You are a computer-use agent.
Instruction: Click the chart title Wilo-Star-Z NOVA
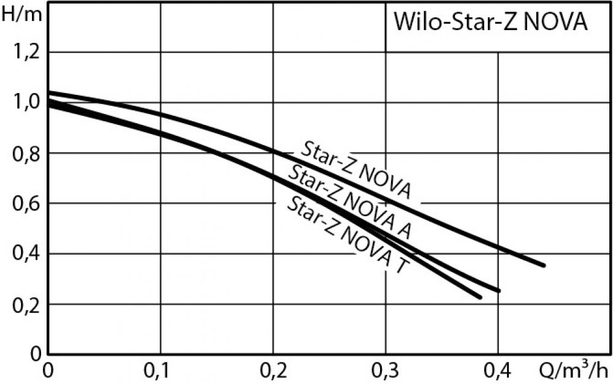[490, 23]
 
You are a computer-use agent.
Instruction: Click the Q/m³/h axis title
[576, 371]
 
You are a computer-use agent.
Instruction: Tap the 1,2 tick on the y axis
[25, 52]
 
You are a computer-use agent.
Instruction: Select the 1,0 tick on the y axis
[25, 102]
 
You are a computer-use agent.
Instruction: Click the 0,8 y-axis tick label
[25, 153]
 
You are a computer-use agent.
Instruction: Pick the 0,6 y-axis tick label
[25, 203]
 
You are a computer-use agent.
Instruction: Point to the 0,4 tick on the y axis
[25, 254]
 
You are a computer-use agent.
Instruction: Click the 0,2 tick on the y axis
[25, 304]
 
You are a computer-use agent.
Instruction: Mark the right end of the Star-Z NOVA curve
[543, 265]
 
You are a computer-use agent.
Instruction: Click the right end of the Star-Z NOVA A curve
[499, 290]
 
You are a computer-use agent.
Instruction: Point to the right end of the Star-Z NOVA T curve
[481, 297]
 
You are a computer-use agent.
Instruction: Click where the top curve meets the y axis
[49, 92]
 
